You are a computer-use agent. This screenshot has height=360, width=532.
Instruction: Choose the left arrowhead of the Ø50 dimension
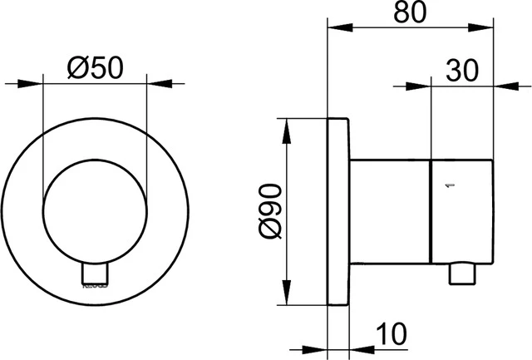(x=33, y=83)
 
